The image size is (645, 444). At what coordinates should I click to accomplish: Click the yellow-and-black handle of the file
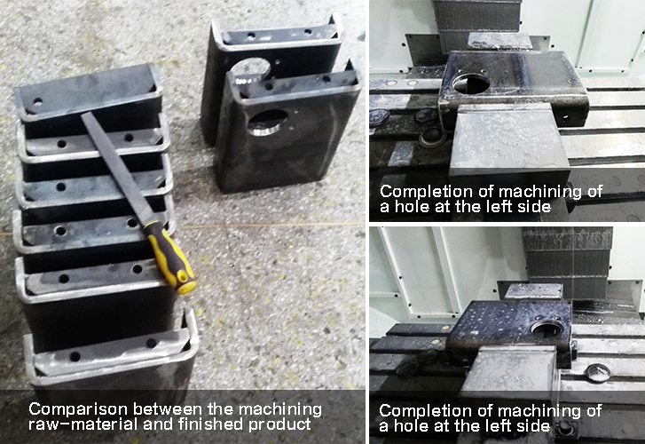coord(170,258)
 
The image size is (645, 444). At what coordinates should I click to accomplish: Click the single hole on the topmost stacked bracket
coord(38,100)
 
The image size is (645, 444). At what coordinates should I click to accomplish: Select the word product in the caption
coord(279,424)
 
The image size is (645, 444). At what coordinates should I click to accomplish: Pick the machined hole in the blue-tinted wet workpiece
coord(547,328)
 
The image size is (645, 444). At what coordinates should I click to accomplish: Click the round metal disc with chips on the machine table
coord(598,373)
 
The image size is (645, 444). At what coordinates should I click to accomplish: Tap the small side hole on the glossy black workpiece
coord(567,117)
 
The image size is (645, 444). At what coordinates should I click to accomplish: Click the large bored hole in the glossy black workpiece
coord(471,83)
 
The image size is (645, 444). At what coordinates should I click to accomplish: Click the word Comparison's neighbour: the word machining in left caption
coord(280,410)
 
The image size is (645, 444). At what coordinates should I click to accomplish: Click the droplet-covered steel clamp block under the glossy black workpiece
coord(509,138)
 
